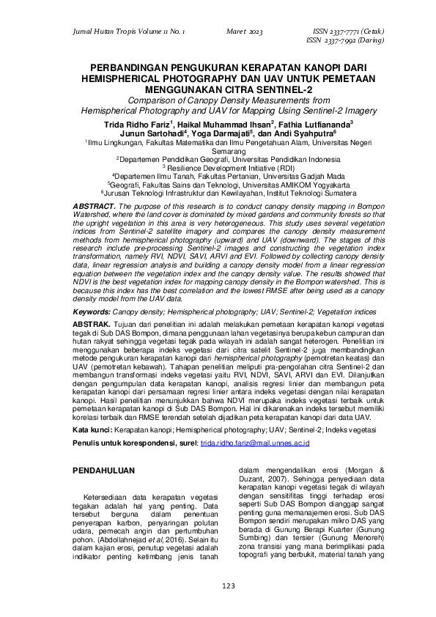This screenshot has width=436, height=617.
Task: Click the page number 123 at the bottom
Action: pyautogui.click(x=218, y=585)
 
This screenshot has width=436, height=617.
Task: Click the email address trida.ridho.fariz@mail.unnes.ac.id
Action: pyautogui.click(x=255, y=443)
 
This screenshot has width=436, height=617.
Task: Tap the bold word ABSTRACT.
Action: pyautogui.click(x=95, y=207)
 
